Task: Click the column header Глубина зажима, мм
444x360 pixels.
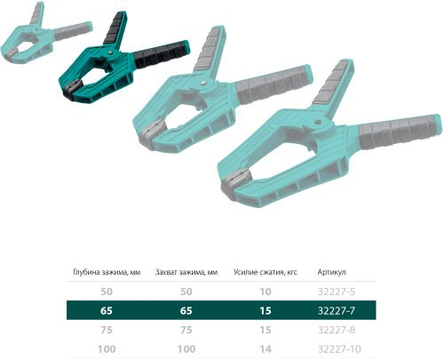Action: click(107, 272)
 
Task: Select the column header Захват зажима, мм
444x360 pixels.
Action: click(186, 272)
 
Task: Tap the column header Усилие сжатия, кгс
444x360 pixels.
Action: click(266, 272)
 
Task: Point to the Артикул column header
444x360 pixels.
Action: click(331, 272)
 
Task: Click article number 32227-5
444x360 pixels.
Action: click(337, 292)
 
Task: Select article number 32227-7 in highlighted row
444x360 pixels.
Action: click(337, 310)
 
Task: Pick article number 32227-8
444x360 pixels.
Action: click(337, 330)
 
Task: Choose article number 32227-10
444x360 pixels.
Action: click(339, 349)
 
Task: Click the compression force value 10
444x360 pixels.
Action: click(266, 292)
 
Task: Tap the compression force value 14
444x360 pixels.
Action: click(266, 349)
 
